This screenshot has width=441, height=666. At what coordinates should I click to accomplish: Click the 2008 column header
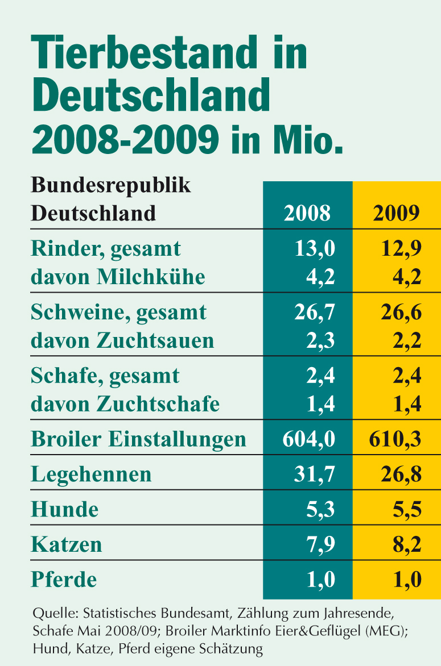coord(307,213)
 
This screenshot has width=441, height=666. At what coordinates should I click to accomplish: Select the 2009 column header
coord(397,213)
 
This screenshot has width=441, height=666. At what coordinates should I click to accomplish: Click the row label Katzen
coord(67,544)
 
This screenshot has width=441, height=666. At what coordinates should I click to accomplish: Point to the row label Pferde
coord(64,580)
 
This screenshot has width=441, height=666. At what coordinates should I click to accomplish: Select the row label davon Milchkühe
coord(117,277)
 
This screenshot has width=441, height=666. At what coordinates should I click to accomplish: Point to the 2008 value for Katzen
coord(321,544)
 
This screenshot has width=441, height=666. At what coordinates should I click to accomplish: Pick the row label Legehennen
coord(91,474)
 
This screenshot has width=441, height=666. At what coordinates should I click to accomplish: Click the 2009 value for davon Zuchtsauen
coord(407,340)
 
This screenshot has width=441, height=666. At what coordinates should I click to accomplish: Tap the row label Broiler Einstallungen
coord(138,439)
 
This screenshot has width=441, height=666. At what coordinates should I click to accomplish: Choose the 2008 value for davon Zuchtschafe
coord(321,404)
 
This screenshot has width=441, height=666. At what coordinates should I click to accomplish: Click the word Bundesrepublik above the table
coord(110,185)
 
